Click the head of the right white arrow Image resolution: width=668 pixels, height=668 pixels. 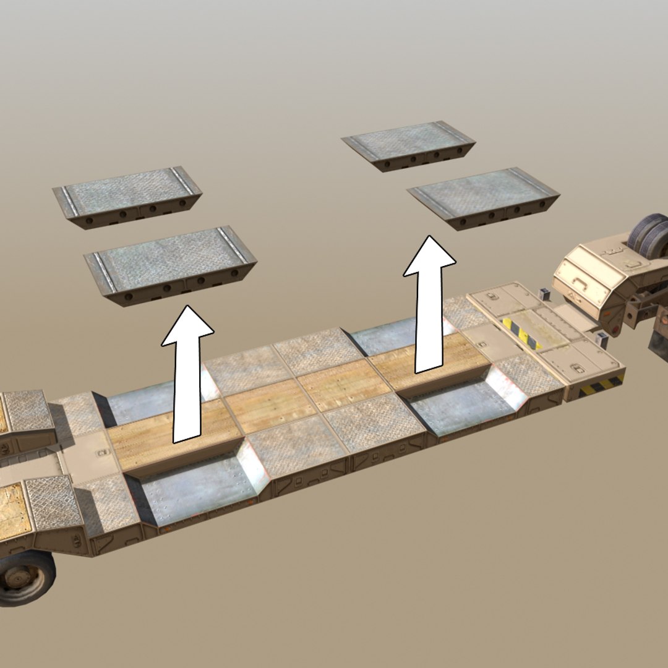[x=430, y=257]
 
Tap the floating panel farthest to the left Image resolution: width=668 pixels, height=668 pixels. [x=127, y=196]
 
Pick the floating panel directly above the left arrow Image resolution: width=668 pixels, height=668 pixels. [x=171, y=264]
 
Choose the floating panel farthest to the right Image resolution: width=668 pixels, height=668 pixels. [x=484, y=197]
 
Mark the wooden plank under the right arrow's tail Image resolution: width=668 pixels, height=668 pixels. [x=427, y=362]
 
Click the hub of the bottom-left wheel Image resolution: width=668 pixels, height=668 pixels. [x=21, y=578]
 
